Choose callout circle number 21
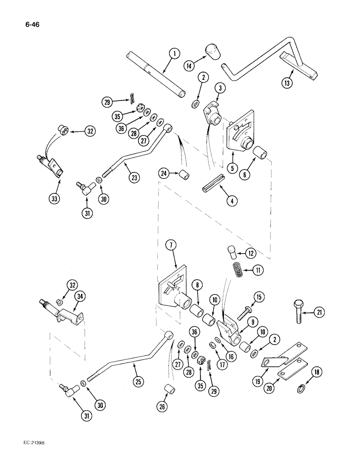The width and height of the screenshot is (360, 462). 319,313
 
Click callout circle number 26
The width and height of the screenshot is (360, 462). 162,407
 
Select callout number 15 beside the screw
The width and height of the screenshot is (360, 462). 274,297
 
